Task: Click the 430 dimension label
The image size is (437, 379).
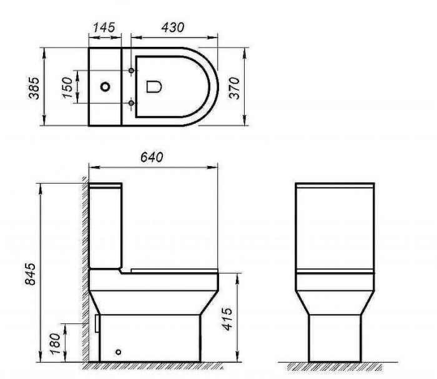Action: [x=172, y=27]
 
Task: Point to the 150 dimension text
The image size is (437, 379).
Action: [x=66, y=87]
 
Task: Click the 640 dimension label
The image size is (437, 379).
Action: [x=152, y=158]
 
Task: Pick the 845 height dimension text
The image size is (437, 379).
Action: [x=28, y=273]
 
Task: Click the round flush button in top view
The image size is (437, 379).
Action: [x=105, y=87]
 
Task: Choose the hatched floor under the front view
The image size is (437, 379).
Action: [x=335, y=365]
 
